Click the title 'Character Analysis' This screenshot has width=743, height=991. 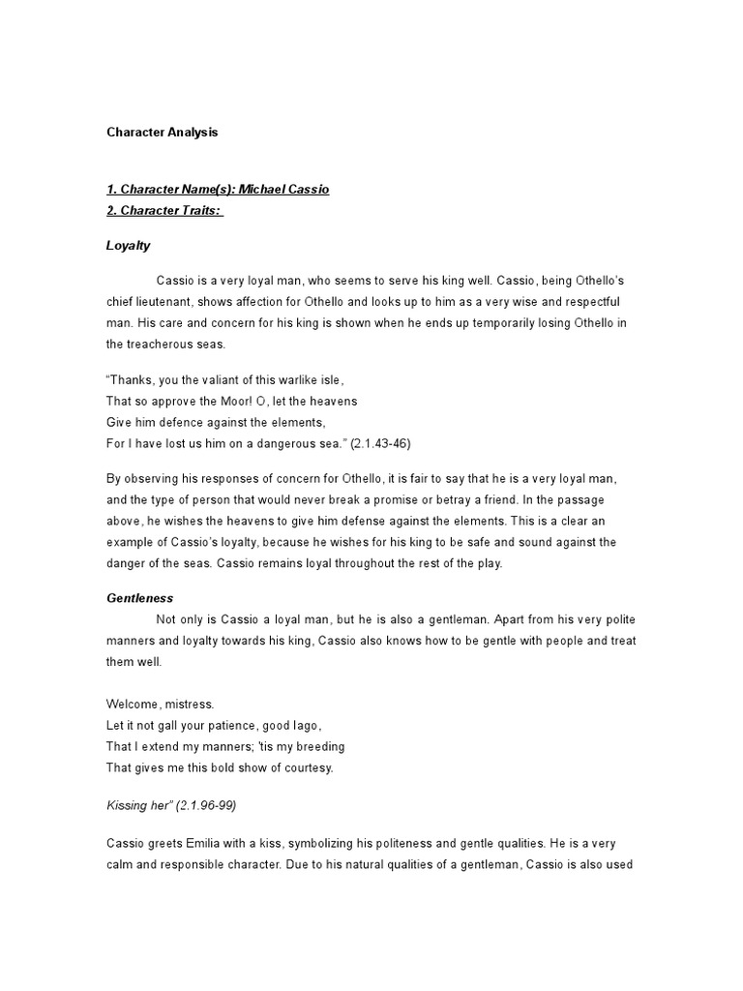[x=162, y=132]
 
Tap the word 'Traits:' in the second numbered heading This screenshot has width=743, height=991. [x=200, y=211]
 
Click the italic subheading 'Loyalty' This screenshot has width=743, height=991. [x=128, y=246]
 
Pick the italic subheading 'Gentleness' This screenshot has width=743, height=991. [x=139, y=598]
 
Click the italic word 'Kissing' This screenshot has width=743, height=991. [x=128, y=804]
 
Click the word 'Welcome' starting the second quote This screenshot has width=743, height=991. [x=133, y=704]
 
